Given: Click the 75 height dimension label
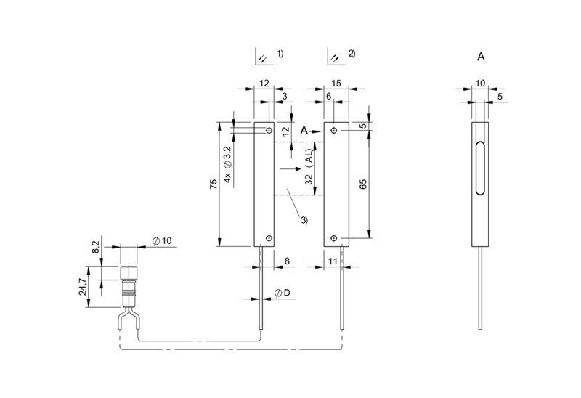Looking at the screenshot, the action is pyautogui.click(x=214, y=184).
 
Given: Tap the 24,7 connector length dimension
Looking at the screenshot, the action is pyautogui.click(x=83, y=287).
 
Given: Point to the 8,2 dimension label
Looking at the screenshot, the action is pyautogui.click(x=95, y=247).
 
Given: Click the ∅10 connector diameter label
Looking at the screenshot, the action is pyautogui.click(x=162, y=241).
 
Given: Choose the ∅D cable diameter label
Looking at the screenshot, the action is pyautogui.click(x=283, y=293).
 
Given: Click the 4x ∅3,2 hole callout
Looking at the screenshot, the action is pyautogui.click(x=227, y=164).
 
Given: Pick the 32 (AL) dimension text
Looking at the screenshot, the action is pyautogui.click(x=309, y=166).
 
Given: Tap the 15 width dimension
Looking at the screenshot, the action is pyautogui.click(x=336, y=83).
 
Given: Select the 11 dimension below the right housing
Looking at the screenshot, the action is pyautogui.click(x=333, y=261).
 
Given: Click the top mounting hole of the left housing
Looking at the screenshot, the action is pyautogui.click(x=269, y=131).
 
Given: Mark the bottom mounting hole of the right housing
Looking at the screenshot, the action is pyautogui.click(x=334, y=238).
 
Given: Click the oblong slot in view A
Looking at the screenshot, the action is pyautogui.click(x=480, y=168).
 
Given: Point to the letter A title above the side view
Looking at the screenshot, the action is pyautogui.click(x=481, y=57).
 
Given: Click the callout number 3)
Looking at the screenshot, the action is pyautogui.click(x=304, y=220).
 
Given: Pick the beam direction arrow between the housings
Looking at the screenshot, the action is pyautogui.click(x=290, y=169).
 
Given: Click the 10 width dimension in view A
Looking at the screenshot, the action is pyautogui.click(x=480, y=84).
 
